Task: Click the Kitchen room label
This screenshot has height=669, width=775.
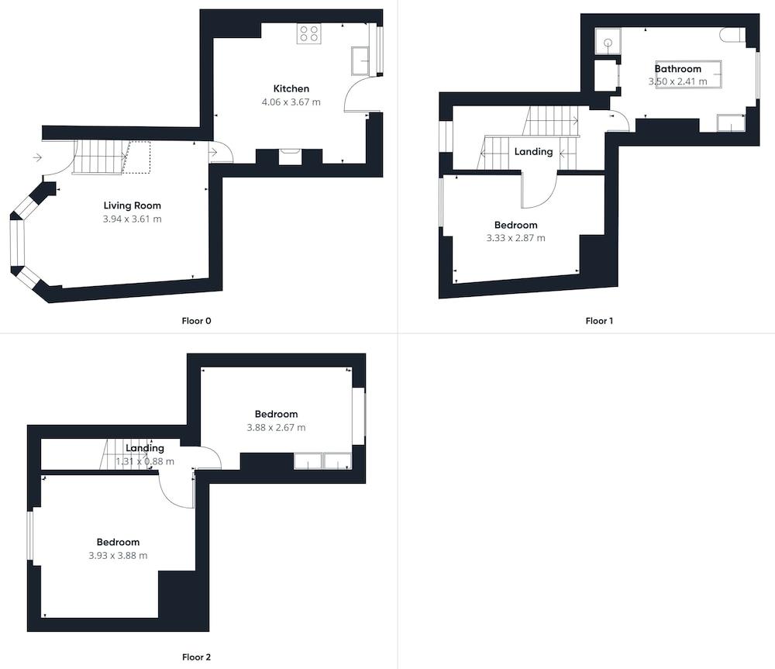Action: pos(291,88)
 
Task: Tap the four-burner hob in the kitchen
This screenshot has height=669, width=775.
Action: pos(309,33)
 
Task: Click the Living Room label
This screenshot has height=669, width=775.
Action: pos(133,205)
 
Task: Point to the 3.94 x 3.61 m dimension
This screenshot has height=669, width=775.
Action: pos(133,219)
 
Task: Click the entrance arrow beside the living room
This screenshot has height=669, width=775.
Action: pos(37,158)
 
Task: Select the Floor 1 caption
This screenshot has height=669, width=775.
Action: pos(599,321)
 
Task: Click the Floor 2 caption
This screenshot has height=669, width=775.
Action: pos(196,657)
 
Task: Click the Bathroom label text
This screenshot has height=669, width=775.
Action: pos(677,69)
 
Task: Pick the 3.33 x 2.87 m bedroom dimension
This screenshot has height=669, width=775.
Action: pos(515,238)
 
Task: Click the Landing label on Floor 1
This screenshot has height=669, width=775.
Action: pos(533,152)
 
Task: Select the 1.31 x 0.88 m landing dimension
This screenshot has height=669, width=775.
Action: pos(145,461)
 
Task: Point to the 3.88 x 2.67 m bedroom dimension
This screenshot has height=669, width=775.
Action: pos(276,427)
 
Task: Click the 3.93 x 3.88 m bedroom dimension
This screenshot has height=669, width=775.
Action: pos(118,555)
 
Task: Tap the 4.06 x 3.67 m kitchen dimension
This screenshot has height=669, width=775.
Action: pos(291,102)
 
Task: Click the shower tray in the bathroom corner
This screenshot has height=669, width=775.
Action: pos(608,42)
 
